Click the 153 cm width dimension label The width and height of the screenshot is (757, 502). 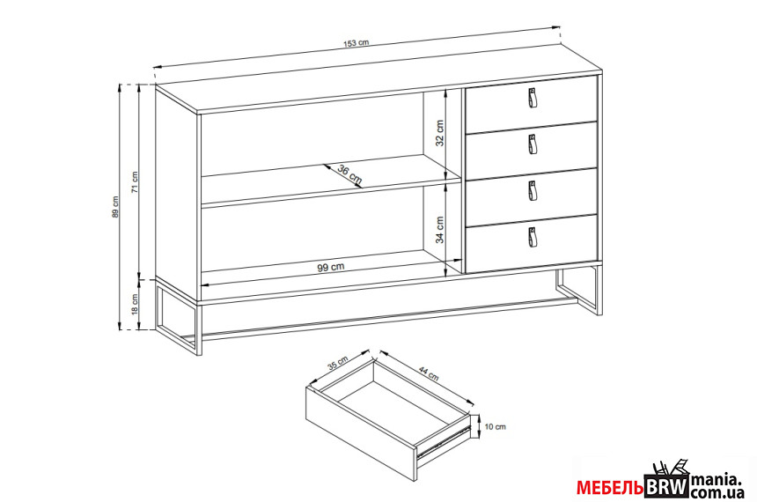[x=356, y=42]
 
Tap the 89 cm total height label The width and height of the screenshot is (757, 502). [x=115, y=206]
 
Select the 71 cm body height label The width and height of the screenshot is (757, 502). [x=135, y=182]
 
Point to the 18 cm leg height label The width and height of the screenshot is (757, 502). [x=135, y=305]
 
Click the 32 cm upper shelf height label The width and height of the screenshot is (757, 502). [x=439, y=133]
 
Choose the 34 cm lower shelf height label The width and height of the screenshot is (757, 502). [x=439, y=230]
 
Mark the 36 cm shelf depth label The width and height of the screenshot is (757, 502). [x=350, y=175]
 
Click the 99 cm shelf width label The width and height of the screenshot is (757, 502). [x=331, y=267]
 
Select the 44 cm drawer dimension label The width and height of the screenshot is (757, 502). [x=428, y=373]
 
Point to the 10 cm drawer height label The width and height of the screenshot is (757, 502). [x=496, y=426]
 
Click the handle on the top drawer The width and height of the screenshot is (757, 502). [x=532, y=97]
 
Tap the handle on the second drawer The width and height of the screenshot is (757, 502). [x=532, y=144]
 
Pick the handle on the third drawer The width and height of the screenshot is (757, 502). [x=532, y=191]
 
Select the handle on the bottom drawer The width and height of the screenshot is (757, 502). [x=532, y=237]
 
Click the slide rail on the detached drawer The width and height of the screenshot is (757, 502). [x=444, y=440]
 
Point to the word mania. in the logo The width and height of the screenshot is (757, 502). [x=716, y=480]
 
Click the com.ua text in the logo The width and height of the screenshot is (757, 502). [x=717, y=493]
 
